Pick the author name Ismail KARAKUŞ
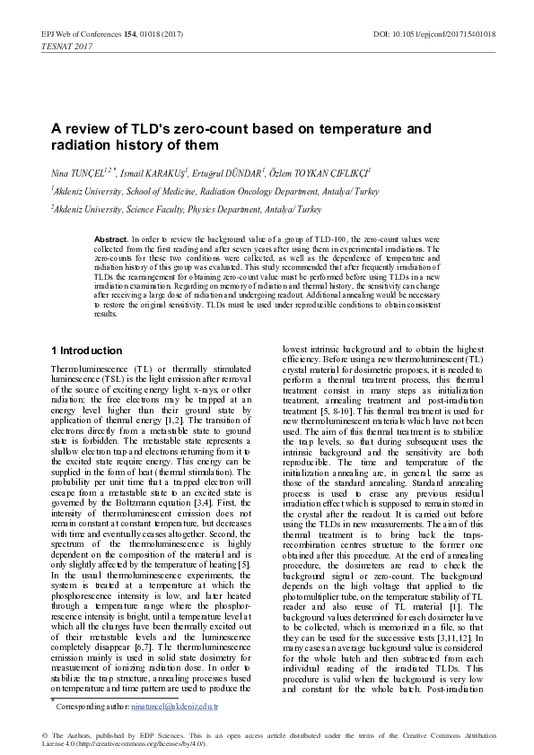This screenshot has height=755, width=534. click(x=144, y=170)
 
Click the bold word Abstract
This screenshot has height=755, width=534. click(x=111, y=240)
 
